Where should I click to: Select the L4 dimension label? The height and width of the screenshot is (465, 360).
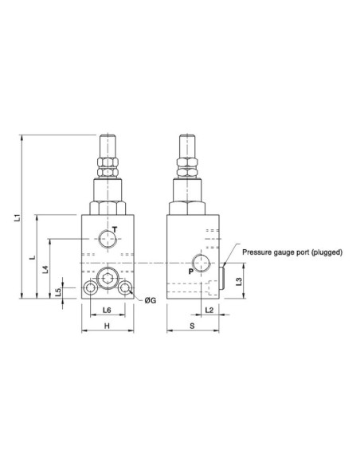click(45, 269)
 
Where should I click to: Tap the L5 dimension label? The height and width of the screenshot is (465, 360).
click(59, 291)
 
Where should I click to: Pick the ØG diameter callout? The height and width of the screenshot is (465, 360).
click(150, 300)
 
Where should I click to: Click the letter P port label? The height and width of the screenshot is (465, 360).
click(190, 272)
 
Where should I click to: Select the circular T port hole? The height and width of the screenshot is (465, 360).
click(106, 237)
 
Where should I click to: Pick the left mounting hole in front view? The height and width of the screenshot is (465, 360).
click(88, 287)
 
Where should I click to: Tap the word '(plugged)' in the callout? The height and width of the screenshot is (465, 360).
click(327, 252)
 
